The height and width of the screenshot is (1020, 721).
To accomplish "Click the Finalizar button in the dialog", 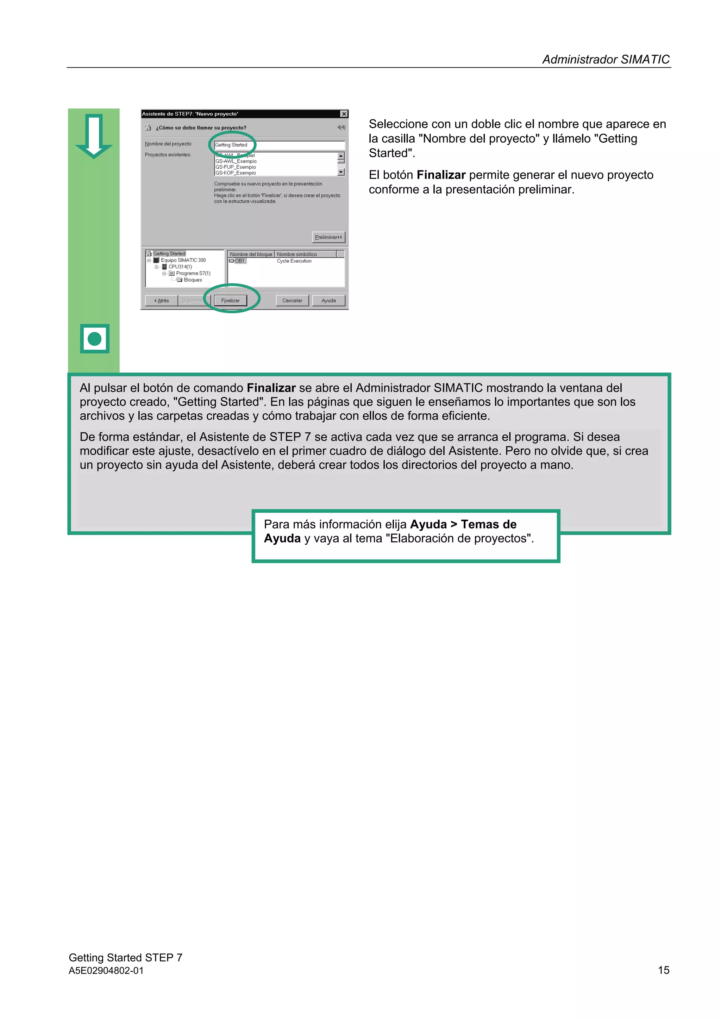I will tap(230, 300).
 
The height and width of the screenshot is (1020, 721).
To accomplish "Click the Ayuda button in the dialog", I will tap(328, 300).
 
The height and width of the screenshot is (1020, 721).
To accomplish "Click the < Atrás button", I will tap(161, 300).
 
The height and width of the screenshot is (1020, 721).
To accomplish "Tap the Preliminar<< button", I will tap(328, 237).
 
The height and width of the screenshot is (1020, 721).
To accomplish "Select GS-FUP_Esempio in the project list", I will tap(236, 167).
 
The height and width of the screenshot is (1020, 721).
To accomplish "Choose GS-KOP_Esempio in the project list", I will tap(236, 173).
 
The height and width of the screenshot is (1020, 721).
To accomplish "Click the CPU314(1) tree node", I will tap(180, 267).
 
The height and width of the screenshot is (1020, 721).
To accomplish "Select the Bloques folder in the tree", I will tap(192, 280).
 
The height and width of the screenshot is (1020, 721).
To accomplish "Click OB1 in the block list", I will tap(239, 261).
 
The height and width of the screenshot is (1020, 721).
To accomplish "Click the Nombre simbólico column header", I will tap(297, 254).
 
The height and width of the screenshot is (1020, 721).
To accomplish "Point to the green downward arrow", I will tap(94, 136).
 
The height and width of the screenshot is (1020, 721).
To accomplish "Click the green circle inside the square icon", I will tap(95, 339).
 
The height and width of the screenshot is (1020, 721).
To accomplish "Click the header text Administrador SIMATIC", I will tap(606, 60).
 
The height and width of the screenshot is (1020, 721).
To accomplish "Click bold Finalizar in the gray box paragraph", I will tap(271, 388).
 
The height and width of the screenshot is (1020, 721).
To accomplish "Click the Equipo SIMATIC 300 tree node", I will tap(183, 260).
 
